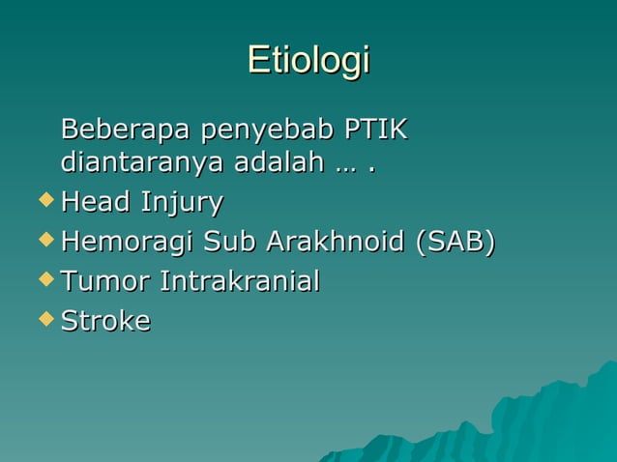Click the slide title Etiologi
[308, 60]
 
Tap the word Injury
[182, 204]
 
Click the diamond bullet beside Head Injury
[43, 201]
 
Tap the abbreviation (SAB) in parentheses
[455, 242]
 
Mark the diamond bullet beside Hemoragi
[43, 241]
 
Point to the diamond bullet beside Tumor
[43, 280]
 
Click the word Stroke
[105, 321]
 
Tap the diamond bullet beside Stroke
[43, 319]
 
